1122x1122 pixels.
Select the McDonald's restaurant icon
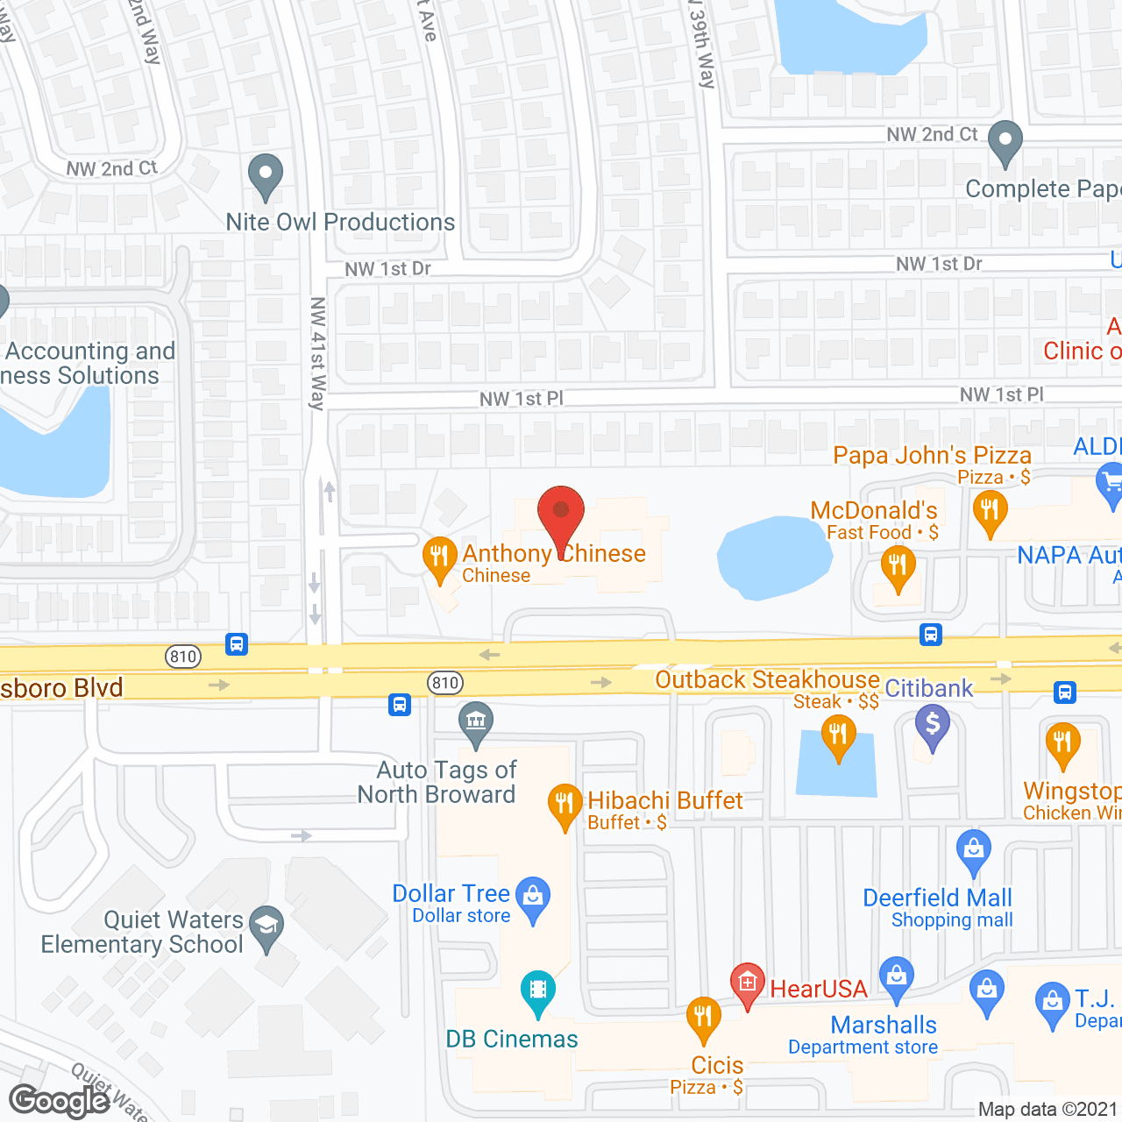[x=898, y=566]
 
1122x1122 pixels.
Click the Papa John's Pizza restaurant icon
[x=990, y=510]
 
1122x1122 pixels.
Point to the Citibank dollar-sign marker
[x=933, y=727]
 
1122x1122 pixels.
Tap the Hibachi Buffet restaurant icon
[x=565, y=804]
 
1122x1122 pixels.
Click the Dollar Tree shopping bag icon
[x=533, y=898]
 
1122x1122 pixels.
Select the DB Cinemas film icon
[x=537, y=991]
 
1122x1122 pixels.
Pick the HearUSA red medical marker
[x=747, y=984]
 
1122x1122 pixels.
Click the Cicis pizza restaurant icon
[x=703, y=1018]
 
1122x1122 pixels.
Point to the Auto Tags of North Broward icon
[x=476, y=723]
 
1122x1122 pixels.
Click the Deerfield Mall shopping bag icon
[x=973, y=850]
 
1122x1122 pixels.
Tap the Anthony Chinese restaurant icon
[x=439, y=557]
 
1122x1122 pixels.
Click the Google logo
[x=59, y=1101]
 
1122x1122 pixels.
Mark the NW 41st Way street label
[x=317, y=353]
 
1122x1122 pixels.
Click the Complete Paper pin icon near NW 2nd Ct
[x=1005, y=141]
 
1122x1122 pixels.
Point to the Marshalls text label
[x=884, y=1025]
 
